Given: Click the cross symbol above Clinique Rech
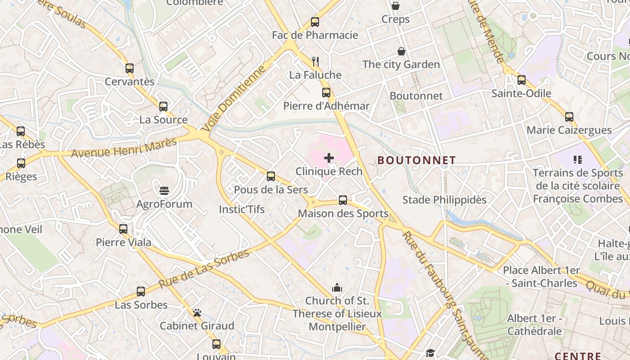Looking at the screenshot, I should tap(329, 157).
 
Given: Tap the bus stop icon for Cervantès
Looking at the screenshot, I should tap(130, 68).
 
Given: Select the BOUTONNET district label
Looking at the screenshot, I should tap(416, 160).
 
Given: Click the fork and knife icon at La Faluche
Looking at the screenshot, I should tap(315, 61).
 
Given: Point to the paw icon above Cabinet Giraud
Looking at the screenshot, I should tap(197, 312).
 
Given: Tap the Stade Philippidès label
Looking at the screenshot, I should tap(444, 200).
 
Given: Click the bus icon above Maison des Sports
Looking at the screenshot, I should tap(343, 200).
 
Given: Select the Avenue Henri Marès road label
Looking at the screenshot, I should tap(124, 148).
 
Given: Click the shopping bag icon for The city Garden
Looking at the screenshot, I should tap(401, 51).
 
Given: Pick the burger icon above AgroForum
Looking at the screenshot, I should tap(164, 190).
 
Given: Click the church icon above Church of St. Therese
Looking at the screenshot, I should tap(337, 287).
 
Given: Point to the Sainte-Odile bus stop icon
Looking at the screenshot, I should tap(521, 80).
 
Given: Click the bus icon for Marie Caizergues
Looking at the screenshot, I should tap(569, 117).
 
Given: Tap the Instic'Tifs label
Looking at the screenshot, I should tap(242, 209).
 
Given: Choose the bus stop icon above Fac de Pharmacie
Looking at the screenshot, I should tap(315, 22).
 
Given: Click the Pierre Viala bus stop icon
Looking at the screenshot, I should tap(123, 229).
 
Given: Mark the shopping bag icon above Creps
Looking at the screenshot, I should tap(395, 6).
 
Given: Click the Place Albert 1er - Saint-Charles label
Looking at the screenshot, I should tap(541, 277).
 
